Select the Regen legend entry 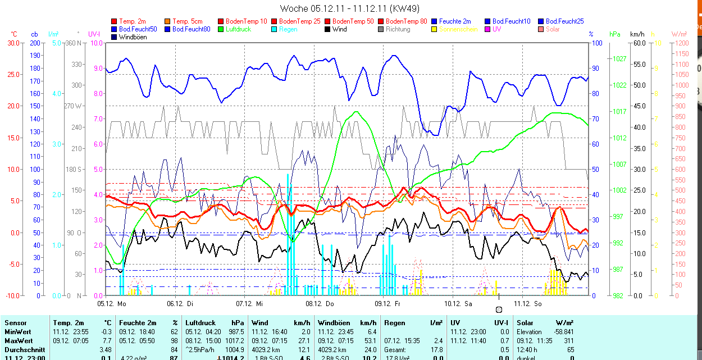click(x=288, y=29)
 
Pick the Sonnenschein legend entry click(x=458, y=29)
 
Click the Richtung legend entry click(x=398, y=29)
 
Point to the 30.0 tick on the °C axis click(x=12, y=43)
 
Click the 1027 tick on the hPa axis click(x=619, y=58)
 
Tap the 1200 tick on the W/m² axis click(x=680, y=43)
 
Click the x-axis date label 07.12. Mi click(x=249, y=304)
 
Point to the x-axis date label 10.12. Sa click(x=458, y=304)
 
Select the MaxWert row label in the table click(x=18, y=341)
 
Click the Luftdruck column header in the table click(x=200, y=323)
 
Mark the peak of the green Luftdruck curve click(x=355, y=111)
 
